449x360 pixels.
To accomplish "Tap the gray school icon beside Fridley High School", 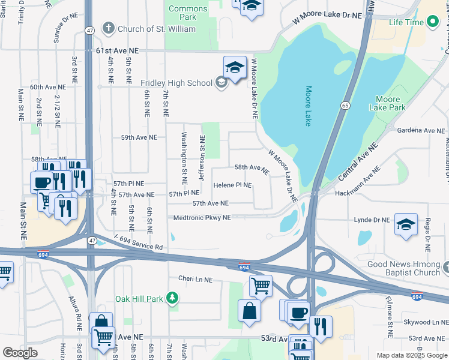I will [221, 83].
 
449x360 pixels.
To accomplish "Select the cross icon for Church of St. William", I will [108, 28].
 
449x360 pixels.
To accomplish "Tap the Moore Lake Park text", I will [390, 103].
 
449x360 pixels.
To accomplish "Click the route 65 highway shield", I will [345, 106].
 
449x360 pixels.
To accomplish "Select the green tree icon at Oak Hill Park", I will [172, 298].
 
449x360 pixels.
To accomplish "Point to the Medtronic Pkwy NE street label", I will [202, 218].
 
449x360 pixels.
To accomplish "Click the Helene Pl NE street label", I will [232, 185].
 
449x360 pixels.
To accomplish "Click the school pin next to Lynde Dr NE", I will [406, 224].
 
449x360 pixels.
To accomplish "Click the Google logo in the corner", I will [20, 352].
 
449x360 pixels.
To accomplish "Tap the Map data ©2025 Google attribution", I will [411, 355].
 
